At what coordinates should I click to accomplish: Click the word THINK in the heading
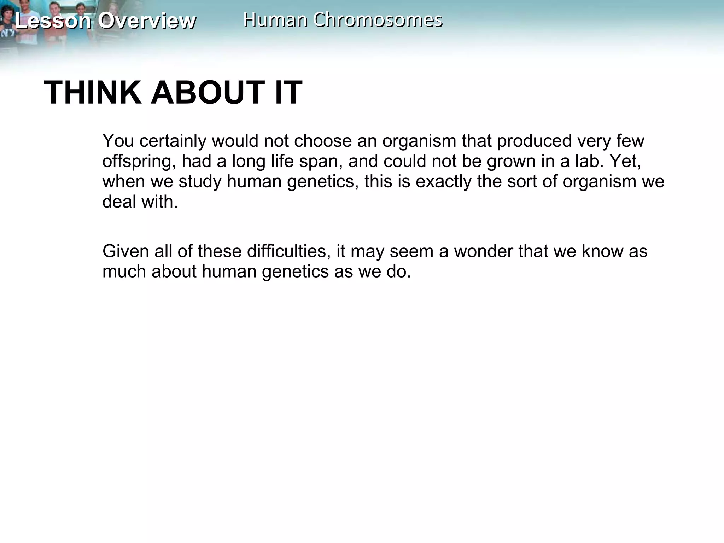[x=92, y=93]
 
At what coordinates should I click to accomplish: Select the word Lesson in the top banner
[x=53, y=21]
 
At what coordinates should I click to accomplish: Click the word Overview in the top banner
[x=147, y=21]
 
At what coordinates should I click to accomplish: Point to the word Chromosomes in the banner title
[x=378, y=19]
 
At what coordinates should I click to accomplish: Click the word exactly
[x=443, y=182]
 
